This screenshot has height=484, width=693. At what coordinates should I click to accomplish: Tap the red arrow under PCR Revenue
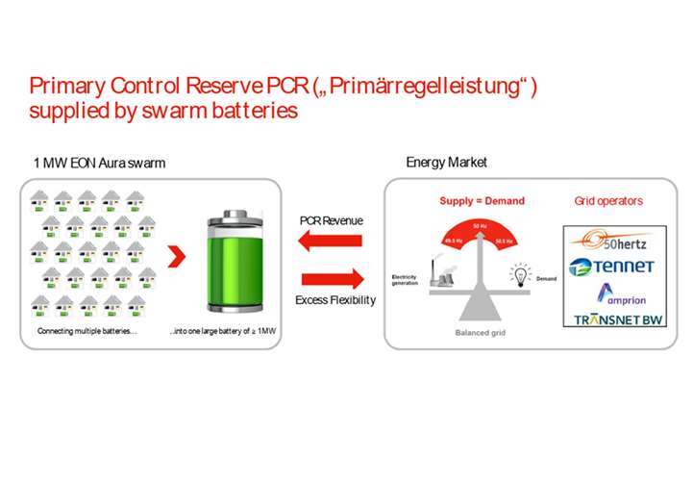pos(331,241)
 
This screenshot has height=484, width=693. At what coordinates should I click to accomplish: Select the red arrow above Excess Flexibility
pos(332,280)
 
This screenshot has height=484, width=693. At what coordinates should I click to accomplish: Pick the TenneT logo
pos(610,267)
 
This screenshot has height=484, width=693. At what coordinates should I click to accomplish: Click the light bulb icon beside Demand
pos(520,273)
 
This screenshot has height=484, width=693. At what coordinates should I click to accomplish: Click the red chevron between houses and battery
pos(176,257)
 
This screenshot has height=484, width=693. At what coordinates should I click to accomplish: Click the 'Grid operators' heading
pos(607,201)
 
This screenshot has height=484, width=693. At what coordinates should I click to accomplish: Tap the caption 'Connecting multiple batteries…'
pos(87,332)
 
